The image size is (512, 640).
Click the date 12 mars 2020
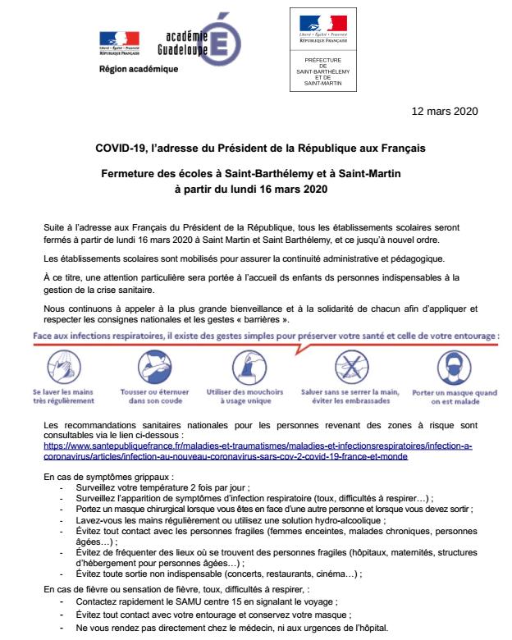point(443,110)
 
